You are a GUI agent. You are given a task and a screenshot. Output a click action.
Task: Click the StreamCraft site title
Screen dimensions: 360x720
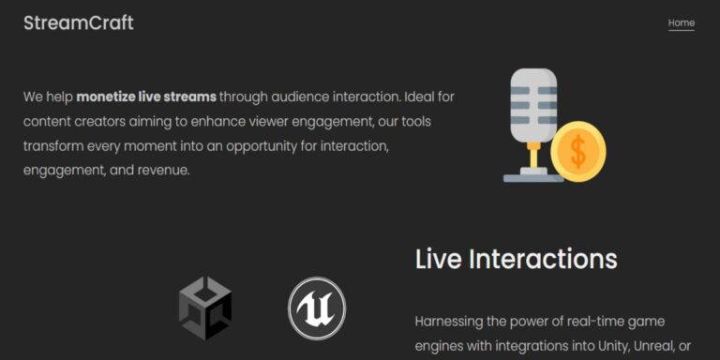click(x=78, y=23)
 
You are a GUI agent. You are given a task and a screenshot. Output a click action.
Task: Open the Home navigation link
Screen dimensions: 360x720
click(x=681, y=23)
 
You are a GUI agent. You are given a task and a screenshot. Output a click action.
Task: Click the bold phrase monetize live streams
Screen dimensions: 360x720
click(x=146, y=97)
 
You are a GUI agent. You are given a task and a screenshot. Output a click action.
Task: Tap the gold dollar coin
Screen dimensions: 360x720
click(x=577, y=152)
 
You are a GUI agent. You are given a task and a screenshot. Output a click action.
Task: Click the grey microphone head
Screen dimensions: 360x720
click(x=533, y=104)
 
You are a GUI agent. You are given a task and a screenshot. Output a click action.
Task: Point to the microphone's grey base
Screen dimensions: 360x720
click(x=533, y=177)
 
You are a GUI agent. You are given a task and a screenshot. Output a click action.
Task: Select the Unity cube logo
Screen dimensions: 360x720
click(x=205, y=308)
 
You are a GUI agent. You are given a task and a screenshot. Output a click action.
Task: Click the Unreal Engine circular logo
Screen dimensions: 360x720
click(x=317, y=308)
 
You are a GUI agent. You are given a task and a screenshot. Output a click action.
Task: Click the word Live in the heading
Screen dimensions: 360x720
click(x=438, y=260)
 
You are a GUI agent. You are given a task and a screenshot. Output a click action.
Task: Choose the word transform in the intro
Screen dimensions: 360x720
click(x=52, y=146)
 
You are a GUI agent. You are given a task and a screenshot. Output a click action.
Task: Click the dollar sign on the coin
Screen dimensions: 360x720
click(x=577, y=152)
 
